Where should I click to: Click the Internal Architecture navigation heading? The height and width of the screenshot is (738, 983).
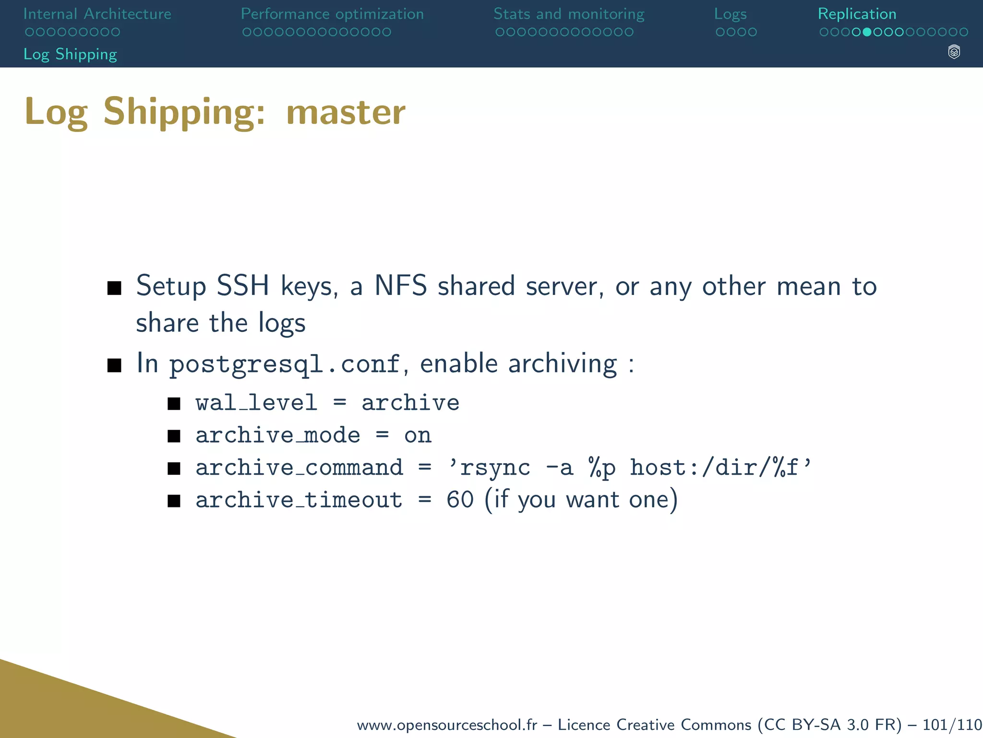tap(97, 14)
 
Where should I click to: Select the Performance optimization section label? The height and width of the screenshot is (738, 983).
tap(332, 14)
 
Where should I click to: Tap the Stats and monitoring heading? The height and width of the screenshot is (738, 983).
tap(569, 14)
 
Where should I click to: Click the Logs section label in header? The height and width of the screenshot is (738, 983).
tap(730, 14)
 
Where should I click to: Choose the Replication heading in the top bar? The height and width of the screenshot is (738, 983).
tap(857, 14)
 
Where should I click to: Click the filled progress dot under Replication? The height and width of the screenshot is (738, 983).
tap(867, 32)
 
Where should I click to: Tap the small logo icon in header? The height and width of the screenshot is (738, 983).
tap(954, 52)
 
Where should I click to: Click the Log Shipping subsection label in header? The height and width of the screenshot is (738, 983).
tap(70, 54)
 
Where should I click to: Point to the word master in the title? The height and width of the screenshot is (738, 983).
tap(346, 112)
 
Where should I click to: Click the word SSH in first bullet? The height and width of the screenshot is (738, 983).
tap(242, 286)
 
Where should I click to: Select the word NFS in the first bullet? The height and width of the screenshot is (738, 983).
tap(400, 286)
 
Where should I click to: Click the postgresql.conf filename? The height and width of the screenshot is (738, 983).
tap(284, 364)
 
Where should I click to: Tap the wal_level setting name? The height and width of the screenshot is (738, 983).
tap(256, 403)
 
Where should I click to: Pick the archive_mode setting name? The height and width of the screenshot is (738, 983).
tap(277, 435)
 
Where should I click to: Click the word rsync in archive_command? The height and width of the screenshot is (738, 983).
tap(495, 468)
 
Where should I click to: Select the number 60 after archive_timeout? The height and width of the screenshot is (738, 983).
tap(460, 500)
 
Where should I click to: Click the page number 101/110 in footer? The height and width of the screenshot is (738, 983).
tap(952, 725)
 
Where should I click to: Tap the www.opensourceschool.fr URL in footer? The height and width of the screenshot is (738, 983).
tap(447, 725)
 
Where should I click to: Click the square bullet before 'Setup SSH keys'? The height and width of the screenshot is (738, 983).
tap(114, 288)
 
